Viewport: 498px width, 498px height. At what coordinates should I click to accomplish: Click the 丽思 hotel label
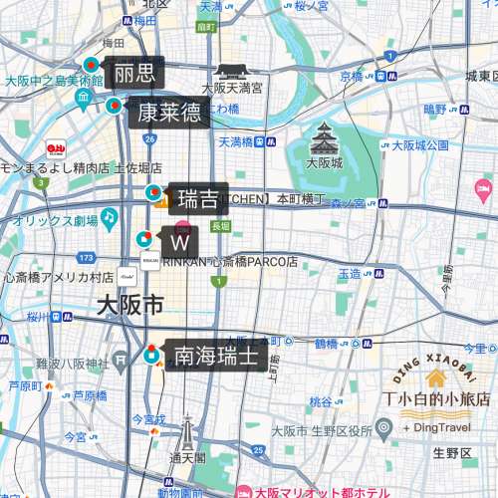(134, 73)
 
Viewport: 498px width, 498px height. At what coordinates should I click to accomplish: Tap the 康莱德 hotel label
(168, 112)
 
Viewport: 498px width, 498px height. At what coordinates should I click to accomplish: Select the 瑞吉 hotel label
(197, 200)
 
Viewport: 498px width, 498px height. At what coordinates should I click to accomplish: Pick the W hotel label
(180, 242)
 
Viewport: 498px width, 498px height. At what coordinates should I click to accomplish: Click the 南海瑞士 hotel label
(216, 355)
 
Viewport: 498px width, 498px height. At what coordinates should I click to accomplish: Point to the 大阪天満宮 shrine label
(232, 88)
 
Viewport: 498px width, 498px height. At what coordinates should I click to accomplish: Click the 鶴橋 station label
(326, 344)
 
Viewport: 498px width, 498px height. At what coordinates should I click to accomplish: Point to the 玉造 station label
(350, 273)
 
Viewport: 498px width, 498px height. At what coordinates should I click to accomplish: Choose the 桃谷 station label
(320, 402)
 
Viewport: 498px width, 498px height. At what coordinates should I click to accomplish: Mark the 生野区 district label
(451, 454)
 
